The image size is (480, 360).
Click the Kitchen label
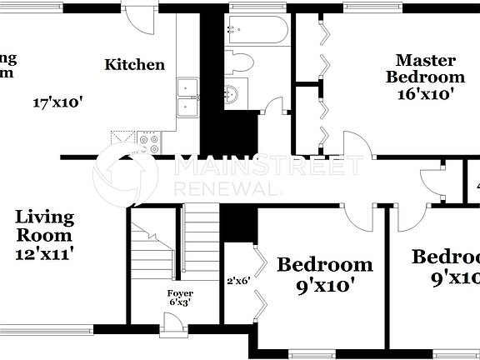[x=134, y=64]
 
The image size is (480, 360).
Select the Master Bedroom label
[x=425, y=68]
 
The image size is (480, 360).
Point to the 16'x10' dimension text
[x=425, y=93]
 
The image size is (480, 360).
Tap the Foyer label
[x=180, y=293]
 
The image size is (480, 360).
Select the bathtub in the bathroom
[x=257, y=31]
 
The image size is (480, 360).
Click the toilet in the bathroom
[x=240, y=63]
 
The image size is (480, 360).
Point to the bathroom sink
[x=231, y=93]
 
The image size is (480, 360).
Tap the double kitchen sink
[x=187, y=98]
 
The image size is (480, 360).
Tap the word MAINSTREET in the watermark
[x=268, y=166]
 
